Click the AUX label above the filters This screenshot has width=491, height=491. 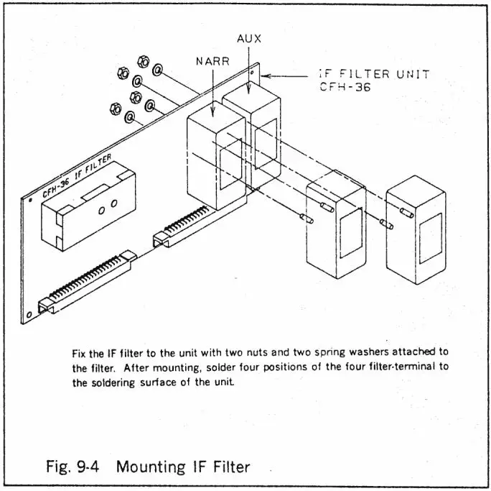(248, 38)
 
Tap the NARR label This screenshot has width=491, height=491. (213, 61)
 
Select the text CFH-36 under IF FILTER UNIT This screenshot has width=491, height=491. (345, 88)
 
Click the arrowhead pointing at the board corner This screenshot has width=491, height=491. (265, 74)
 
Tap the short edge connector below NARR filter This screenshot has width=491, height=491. (184, 226)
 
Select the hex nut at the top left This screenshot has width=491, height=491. (123, 73)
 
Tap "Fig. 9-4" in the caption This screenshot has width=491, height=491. (72, 467)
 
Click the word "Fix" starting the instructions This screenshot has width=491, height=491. (80, 353)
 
